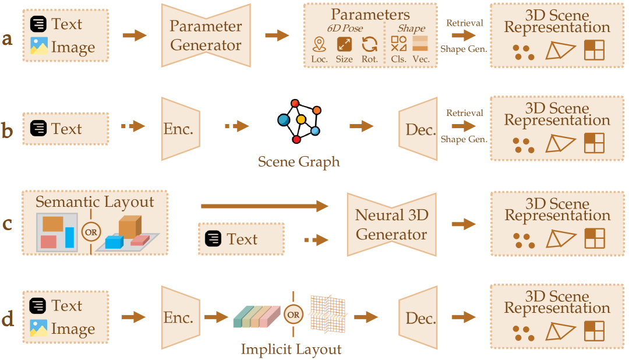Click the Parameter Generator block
pyautogui.click(x=205, y=36)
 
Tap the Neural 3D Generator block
pyautogui.click(x=391, y=224)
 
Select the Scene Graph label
pyautogui.click(x=299, y=161)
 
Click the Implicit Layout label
pyautogui.click(x=291, y=350)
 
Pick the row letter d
pyautogui.click(x=8, y=320)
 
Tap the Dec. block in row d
pyautogui.click(x=420, y=318)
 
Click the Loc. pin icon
pyautogui.click(x=319, y=44)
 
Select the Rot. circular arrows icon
pyautogui.click(x=369, y=44)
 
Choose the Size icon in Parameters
pyautogui.click(x=344, y=44)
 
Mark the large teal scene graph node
pyautogui.click(x=284, y=120)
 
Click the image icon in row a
pyautogui.click(x=39, y=47)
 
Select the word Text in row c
pyautogui.click(x=242, y=239)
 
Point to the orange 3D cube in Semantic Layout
pyautogui.click(x=129, y=226)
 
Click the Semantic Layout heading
pyautogui.click(x=95, y=202)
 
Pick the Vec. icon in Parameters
pyautogui.click(x=420, y=44)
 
